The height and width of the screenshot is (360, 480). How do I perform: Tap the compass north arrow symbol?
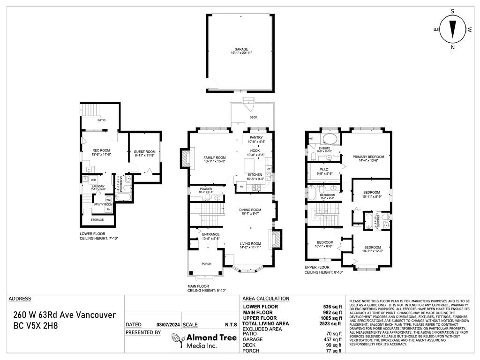452,29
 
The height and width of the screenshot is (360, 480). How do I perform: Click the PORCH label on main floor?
206,263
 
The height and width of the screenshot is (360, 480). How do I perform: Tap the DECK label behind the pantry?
253,118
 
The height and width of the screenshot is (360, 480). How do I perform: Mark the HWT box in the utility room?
108,200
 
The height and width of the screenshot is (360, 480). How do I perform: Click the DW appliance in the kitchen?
269,169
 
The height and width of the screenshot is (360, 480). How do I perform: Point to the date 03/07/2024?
168,325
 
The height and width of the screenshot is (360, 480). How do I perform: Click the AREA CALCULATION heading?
266,299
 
